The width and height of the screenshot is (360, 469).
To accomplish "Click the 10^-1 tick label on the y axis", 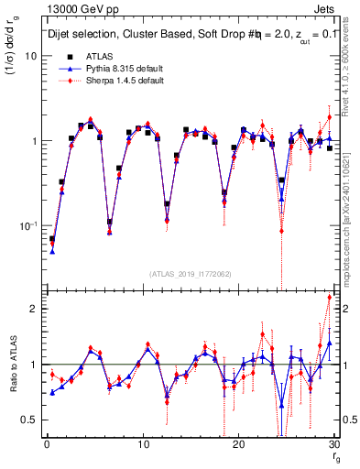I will (x=27, y=226).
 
